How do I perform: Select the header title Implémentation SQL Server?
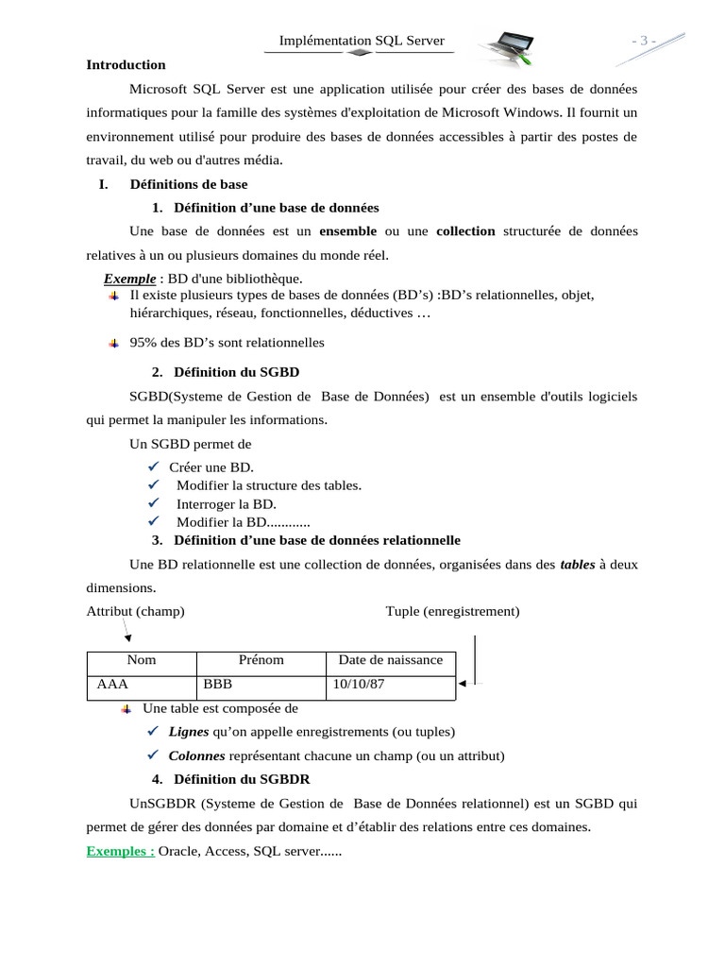pos(362,41)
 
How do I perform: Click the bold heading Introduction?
pos(126,65)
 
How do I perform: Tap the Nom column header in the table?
pos(141,660)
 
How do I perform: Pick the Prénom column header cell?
pos(261,660)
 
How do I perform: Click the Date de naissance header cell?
pos(390,660)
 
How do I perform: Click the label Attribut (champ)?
pos(135,611)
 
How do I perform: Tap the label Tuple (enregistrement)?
pos(452,611)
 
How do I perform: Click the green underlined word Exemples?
pos(120,851)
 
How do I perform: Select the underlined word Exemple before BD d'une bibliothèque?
pos(129,279)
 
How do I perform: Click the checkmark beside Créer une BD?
pos(154,467)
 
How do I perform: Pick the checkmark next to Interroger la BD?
pos(154,504)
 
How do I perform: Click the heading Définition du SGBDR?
pos(242,780)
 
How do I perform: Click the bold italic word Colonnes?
pos(197,755)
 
